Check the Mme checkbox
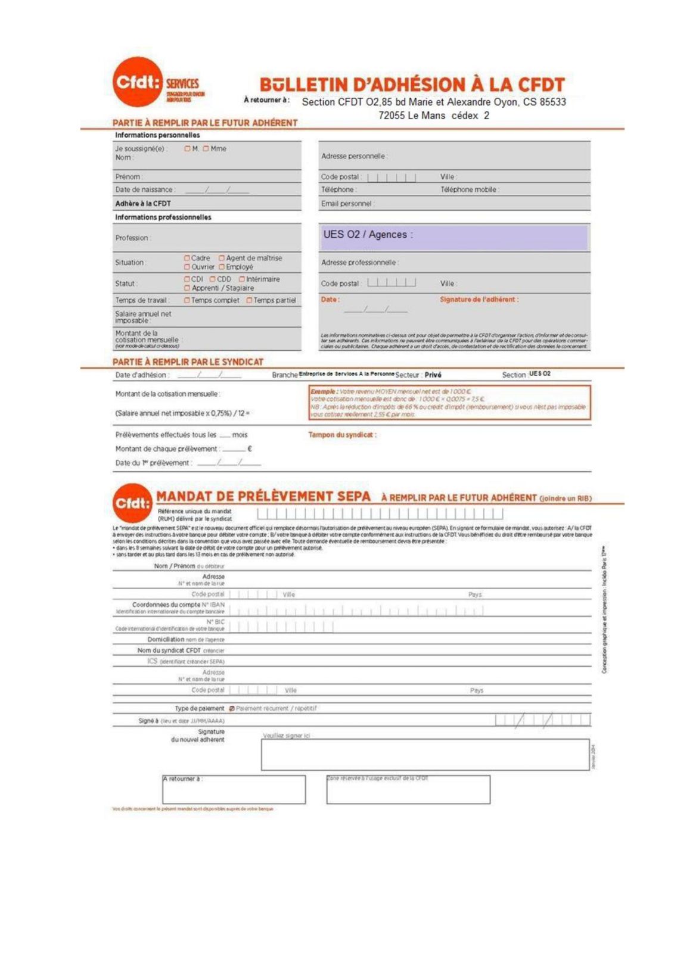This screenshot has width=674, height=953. (x=206, y=149)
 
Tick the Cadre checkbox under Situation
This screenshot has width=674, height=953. (x=187, y=259)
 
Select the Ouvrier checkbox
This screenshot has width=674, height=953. (x=187, y=267)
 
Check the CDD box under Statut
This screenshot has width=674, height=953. (x=213, y=279)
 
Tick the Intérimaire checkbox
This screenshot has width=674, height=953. (x=242, y=279)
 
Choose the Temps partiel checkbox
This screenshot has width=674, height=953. (x=250, y=301)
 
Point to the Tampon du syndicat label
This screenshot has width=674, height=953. (x=342, y=435)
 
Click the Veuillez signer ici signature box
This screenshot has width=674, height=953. (x=425, y=755)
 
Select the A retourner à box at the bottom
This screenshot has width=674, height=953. (x=234, y=789)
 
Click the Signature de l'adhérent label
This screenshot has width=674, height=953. (x=479, y=300)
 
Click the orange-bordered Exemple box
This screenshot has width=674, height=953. (x=449, y=402)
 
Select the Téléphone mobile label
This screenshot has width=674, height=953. (x=470, y=190)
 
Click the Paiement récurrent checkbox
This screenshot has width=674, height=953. (x=232, y=709)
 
